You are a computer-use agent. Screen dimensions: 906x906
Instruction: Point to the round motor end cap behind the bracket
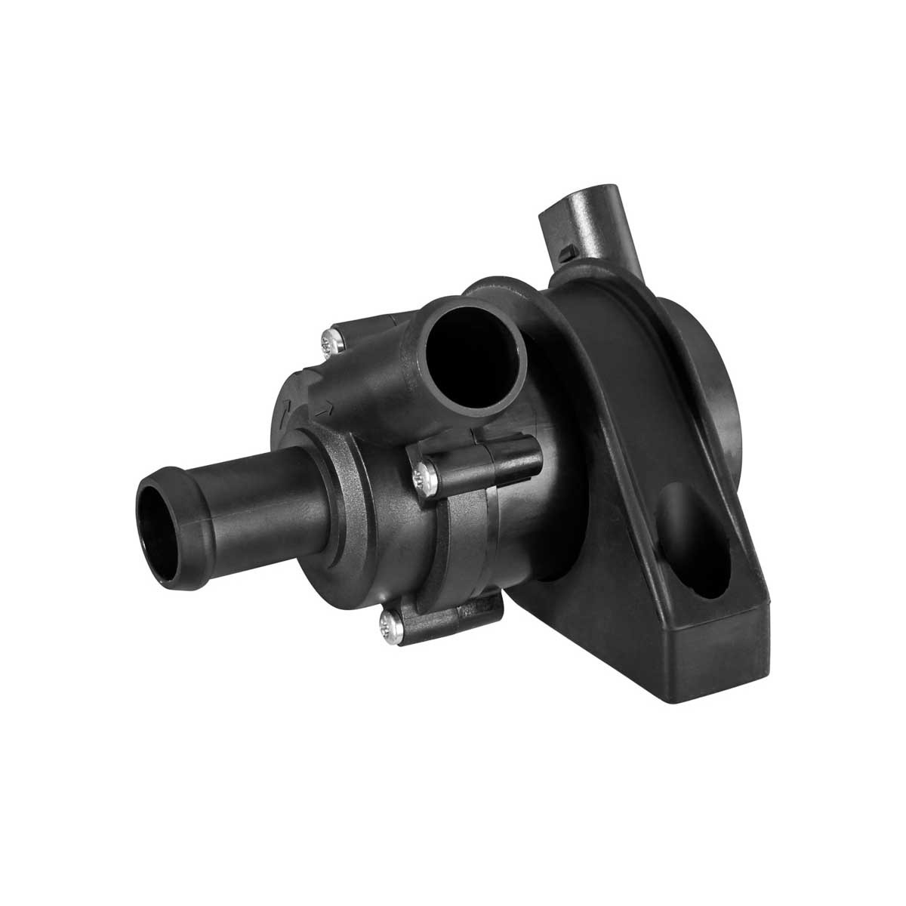point(721,423)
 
